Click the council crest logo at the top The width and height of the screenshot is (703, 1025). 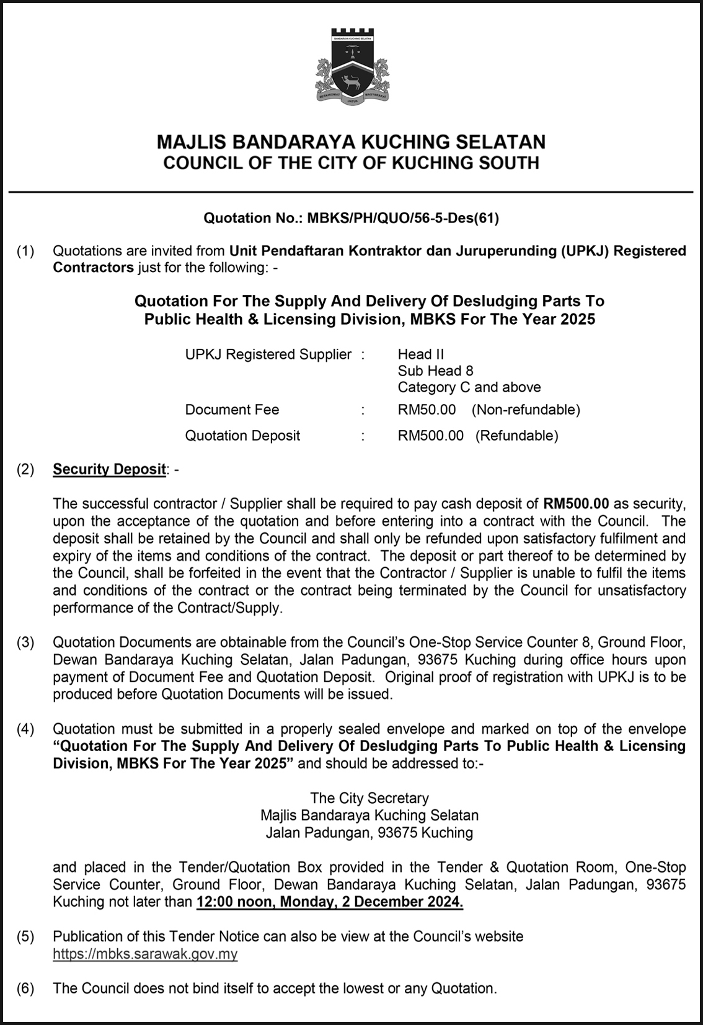(351, 66)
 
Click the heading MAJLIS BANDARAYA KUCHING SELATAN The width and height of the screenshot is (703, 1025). (351, 142)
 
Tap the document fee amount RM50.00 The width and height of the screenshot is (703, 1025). (427, 410)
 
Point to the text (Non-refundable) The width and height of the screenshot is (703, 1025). (526, 410)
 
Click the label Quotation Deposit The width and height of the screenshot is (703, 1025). (242, 436)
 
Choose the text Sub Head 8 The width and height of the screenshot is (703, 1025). (435, 371)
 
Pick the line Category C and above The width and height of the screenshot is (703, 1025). (469, 387)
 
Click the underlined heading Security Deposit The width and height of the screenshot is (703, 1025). (110, 469)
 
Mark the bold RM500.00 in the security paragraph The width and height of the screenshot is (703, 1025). (577, 503)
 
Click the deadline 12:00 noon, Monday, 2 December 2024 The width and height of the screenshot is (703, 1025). (330, 902)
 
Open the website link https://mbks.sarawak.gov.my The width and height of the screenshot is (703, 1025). (145, 954)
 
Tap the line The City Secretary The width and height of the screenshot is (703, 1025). (369, 798)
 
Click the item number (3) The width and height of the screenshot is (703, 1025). (25, 643)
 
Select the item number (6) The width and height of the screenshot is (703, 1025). (25, 988)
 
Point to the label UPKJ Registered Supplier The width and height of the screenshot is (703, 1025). (268, 354)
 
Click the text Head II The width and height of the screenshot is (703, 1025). (421, 354)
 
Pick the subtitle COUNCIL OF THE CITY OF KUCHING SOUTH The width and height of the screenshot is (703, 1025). (351, 164)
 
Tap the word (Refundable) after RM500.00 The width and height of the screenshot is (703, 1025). (516, 436)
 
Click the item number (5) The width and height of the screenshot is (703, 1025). (25, 936)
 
